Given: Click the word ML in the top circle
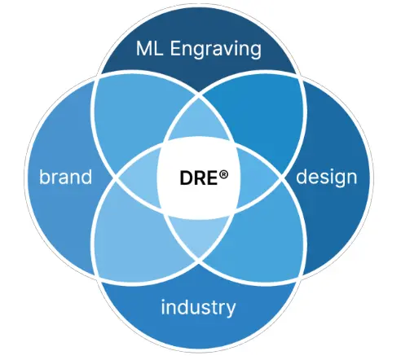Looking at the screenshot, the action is click(x=149, y=48).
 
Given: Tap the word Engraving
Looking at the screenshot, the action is click(x=216, y=50).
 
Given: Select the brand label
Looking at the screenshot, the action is click(x=65, y=177).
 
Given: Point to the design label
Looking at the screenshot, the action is click(x=326, y=177).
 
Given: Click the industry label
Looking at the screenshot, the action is click(x=198, y=307).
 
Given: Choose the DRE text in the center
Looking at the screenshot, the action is click(x=199, y=178).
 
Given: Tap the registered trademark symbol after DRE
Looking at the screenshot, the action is click(x=223, y=174).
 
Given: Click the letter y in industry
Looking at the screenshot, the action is click(x=231, y=310).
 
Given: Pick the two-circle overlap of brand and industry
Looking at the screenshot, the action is click(x=136, y=236).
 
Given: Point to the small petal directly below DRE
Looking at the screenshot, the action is click(x=198, y=234).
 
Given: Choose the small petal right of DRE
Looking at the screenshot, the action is click(x=257, y=178).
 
